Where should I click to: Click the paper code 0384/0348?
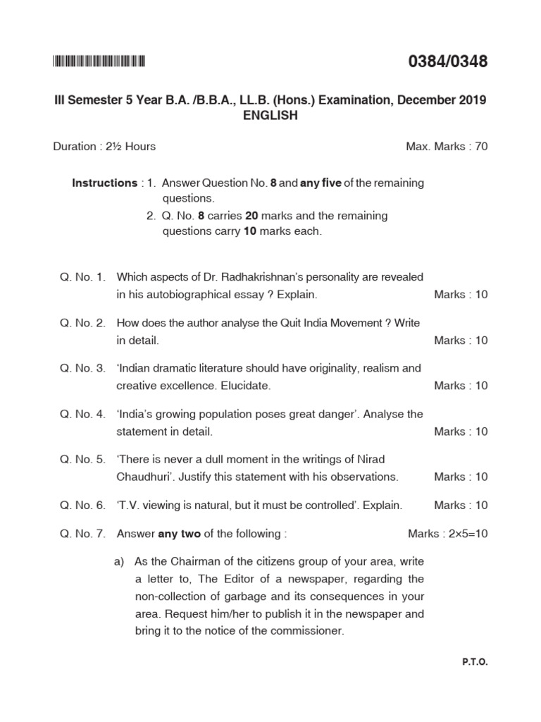click(x=448, y=62)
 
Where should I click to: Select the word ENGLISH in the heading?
click(x=270, y=116)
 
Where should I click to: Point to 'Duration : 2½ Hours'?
click(x=104, y=147)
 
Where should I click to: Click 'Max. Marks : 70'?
click(x=447, y=147)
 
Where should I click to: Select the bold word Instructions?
click(x=105, y=183)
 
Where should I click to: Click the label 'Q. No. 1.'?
click(x=82, y=277)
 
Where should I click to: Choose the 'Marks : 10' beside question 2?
click(x=461, y=340)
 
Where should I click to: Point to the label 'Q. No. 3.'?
click(x=82, y=368)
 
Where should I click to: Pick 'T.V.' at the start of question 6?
click(x=130, y=505)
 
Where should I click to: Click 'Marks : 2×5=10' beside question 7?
click(x=447, y=534)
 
